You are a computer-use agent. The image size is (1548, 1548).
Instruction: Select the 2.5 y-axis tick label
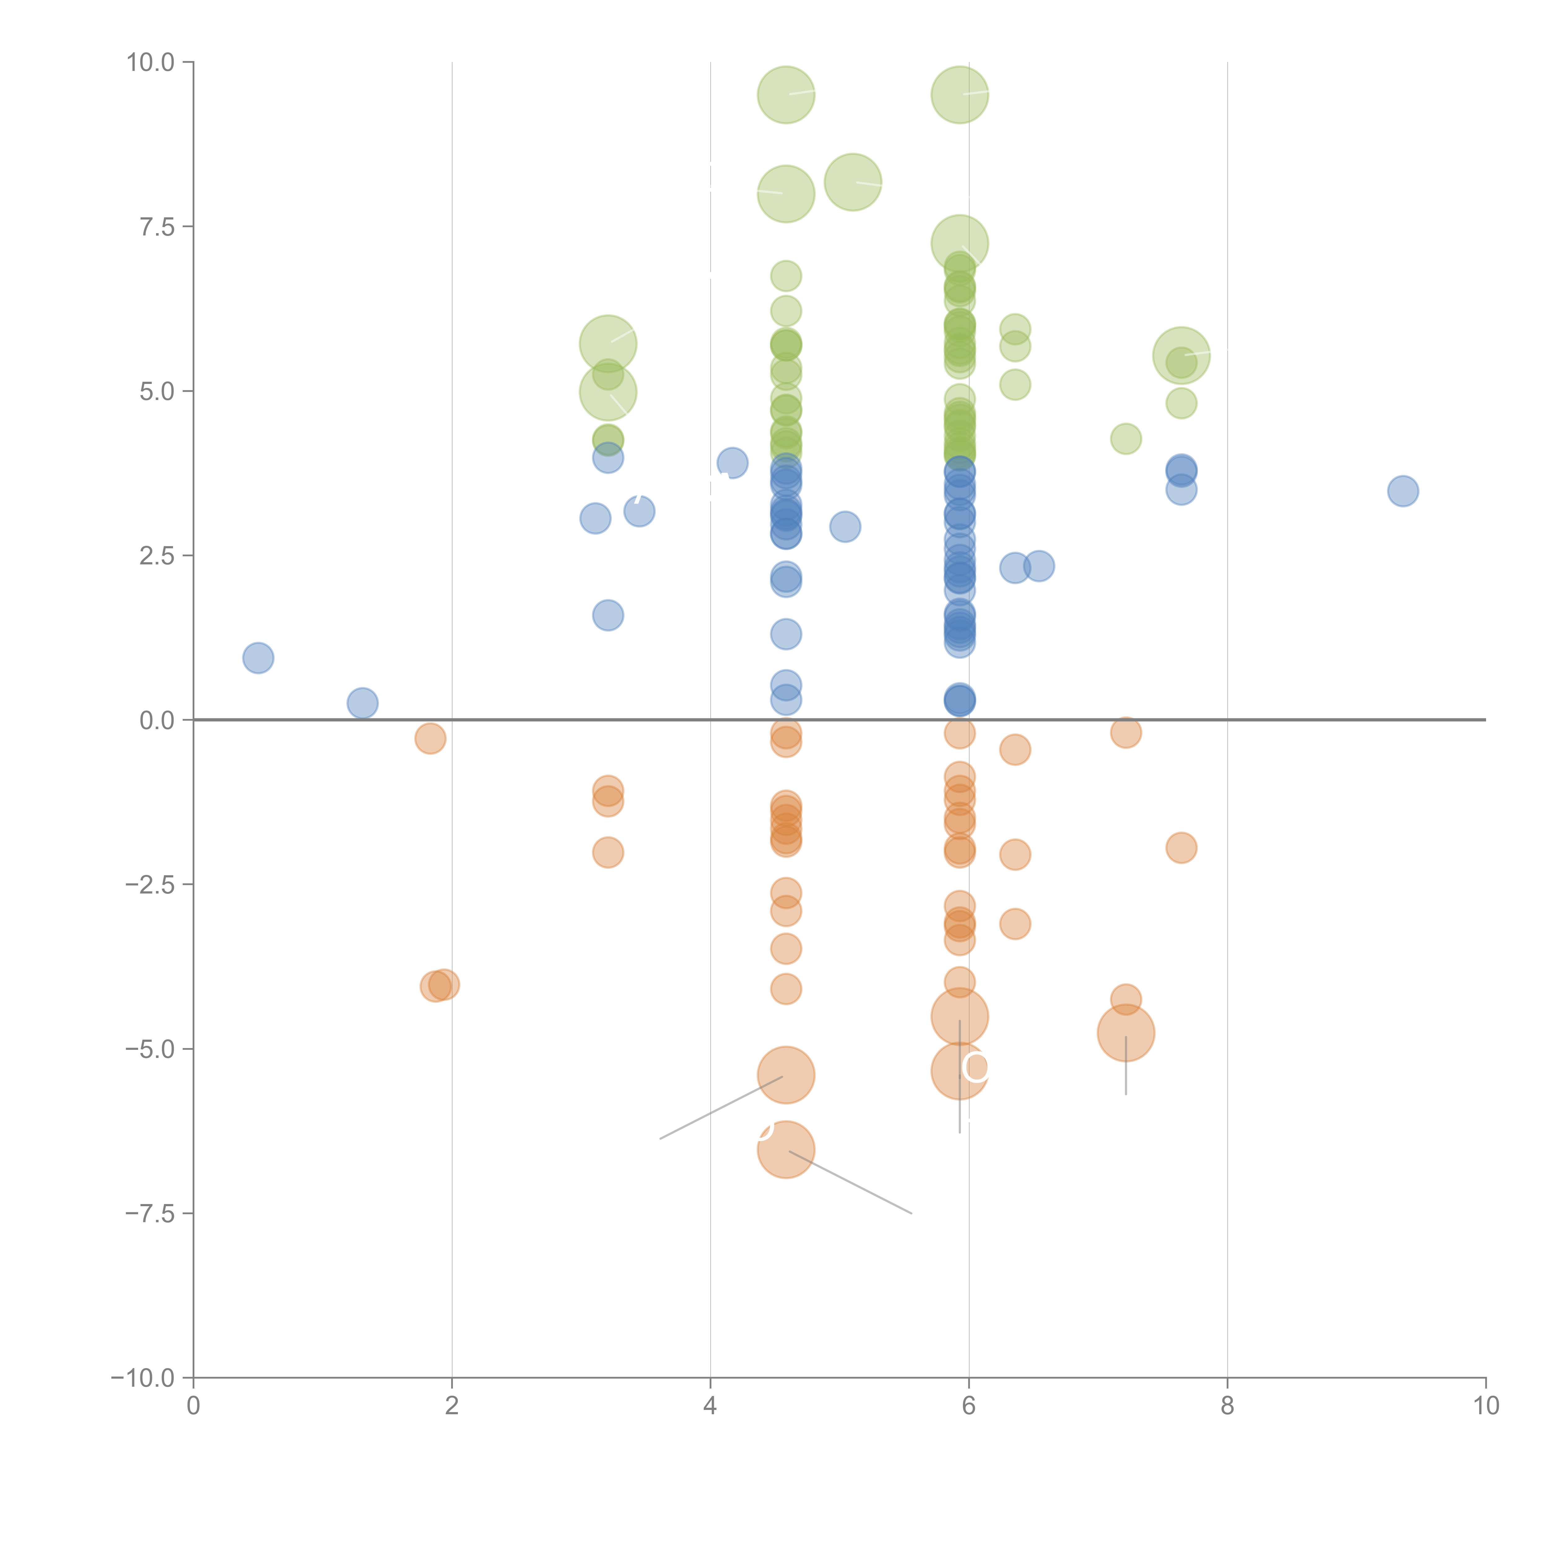coord(157,556)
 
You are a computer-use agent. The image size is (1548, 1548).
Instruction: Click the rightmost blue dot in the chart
coord(1402,491)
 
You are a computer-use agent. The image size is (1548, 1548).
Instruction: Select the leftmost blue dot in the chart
coord(258,658)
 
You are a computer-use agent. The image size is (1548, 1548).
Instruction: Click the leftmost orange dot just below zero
coord(430,738)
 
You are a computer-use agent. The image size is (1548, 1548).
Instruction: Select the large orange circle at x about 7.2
coord(1126,1033)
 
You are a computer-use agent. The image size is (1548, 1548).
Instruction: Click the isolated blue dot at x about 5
coord(845,526)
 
